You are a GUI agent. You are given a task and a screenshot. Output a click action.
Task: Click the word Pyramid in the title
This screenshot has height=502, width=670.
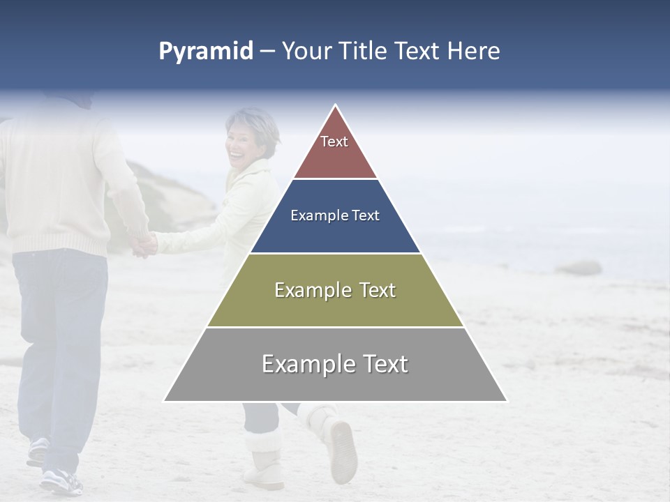pyautogui.click(x=205, y=52)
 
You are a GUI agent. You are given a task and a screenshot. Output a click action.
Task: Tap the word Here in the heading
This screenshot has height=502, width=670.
pyautogui.click(x=473, y=52)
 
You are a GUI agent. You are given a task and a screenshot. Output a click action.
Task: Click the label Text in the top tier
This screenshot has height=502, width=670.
pyautogui.click(x=334, y=142)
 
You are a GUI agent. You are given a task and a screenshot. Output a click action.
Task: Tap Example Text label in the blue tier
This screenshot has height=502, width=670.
pyautogui.click(x=335, y=215)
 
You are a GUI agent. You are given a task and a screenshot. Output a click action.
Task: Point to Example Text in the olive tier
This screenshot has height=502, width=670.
pyautogui.click(x=335, y=290)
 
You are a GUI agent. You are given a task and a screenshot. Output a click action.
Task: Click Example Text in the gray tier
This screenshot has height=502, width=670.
pyautogui.click(x=335, y=364)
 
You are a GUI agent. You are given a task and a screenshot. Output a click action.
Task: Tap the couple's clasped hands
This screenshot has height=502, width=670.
pyautogui.click(x=145, y=244)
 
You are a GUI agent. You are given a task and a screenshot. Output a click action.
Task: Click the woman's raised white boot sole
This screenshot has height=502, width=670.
pyautogui.click(x=343, y=450)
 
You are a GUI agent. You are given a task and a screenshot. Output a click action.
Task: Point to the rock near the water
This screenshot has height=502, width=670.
pyautogui.click(x=579, y=268)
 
